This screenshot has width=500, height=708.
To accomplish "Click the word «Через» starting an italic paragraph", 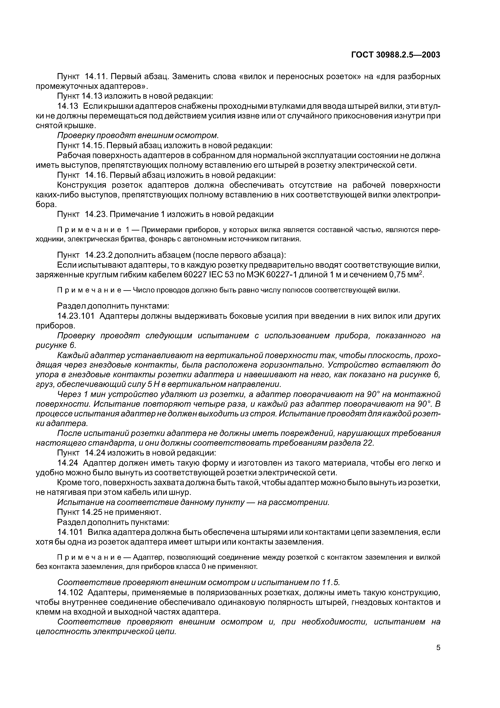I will [69, 394].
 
